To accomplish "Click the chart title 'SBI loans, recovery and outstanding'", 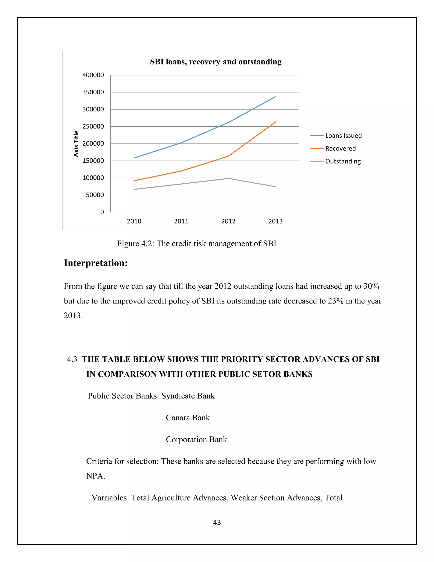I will coord(216,62).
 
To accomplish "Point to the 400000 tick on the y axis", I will coord(93,75).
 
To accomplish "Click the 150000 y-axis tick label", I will coord(93,161).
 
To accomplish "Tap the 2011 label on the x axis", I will coord(181,221).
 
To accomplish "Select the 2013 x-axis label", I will coord(275,221).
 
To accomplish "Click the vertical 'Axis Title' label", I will coord(76,144).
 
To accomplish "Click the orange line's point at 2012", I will coord(228,156).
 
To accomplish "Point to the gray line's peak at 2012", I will coord(228,178).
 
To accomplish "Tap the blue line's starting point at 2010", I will coord(134,158).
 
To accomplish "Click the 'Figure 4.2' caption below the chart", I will coord(196,243).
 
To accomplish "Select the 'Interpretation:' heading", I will coord(96,263).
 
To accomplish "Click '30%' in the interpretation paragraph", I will coord(371,286).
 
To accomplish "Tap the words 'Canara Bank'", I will coord(188,417).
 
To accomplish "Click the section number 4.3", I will coord(72,359).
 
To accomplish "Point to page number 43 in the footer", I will coord(217,522).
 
